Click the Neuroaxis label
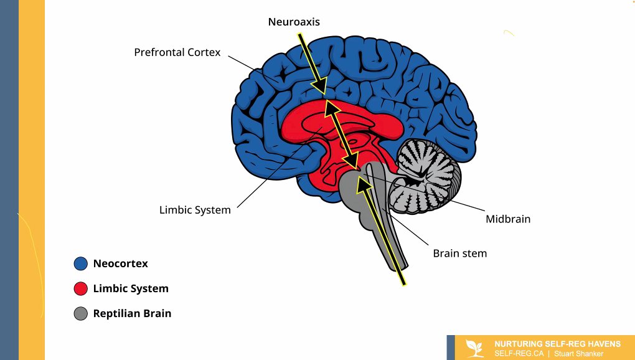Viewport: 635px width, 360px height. pyautogui.click(x=294, y=22)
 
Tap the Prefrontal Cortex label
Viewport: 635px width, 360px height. pyautogui.click(x=177, y=52)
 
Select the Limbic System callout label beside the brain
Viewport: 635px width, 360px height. pyautogui.click(x=195, y=210)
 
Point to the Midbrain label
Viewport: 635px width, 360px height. pyautogui.click(x=508, y=219)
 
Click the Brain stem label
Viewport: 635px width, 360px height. pyautogui.click(x=459, y=253)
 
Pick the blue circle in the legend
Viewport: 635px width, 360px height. pyautogui.click(x=80, y=263)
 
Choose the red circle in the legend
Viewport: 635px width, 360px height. pyautogui.click(x=80, y=288)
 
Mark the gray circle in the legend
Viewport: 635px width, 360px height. pyautogui.click(x=80, y=313)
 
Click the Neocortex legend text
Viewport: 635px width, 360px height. pyautogui.click(x=121, y=263)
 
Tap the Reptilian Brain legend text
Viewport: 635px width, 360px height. pyautogui.click(x=132, y=313)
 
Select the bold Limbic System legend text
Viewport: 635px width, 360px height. pyautogui.click(x=131, y=288)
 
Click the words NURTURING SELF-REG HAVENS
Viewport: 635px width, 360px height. pyautogui.click(x=557, y=344)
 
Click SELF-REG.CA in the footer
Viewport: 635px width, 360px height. pyautogui.click(x=519, y=353)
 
